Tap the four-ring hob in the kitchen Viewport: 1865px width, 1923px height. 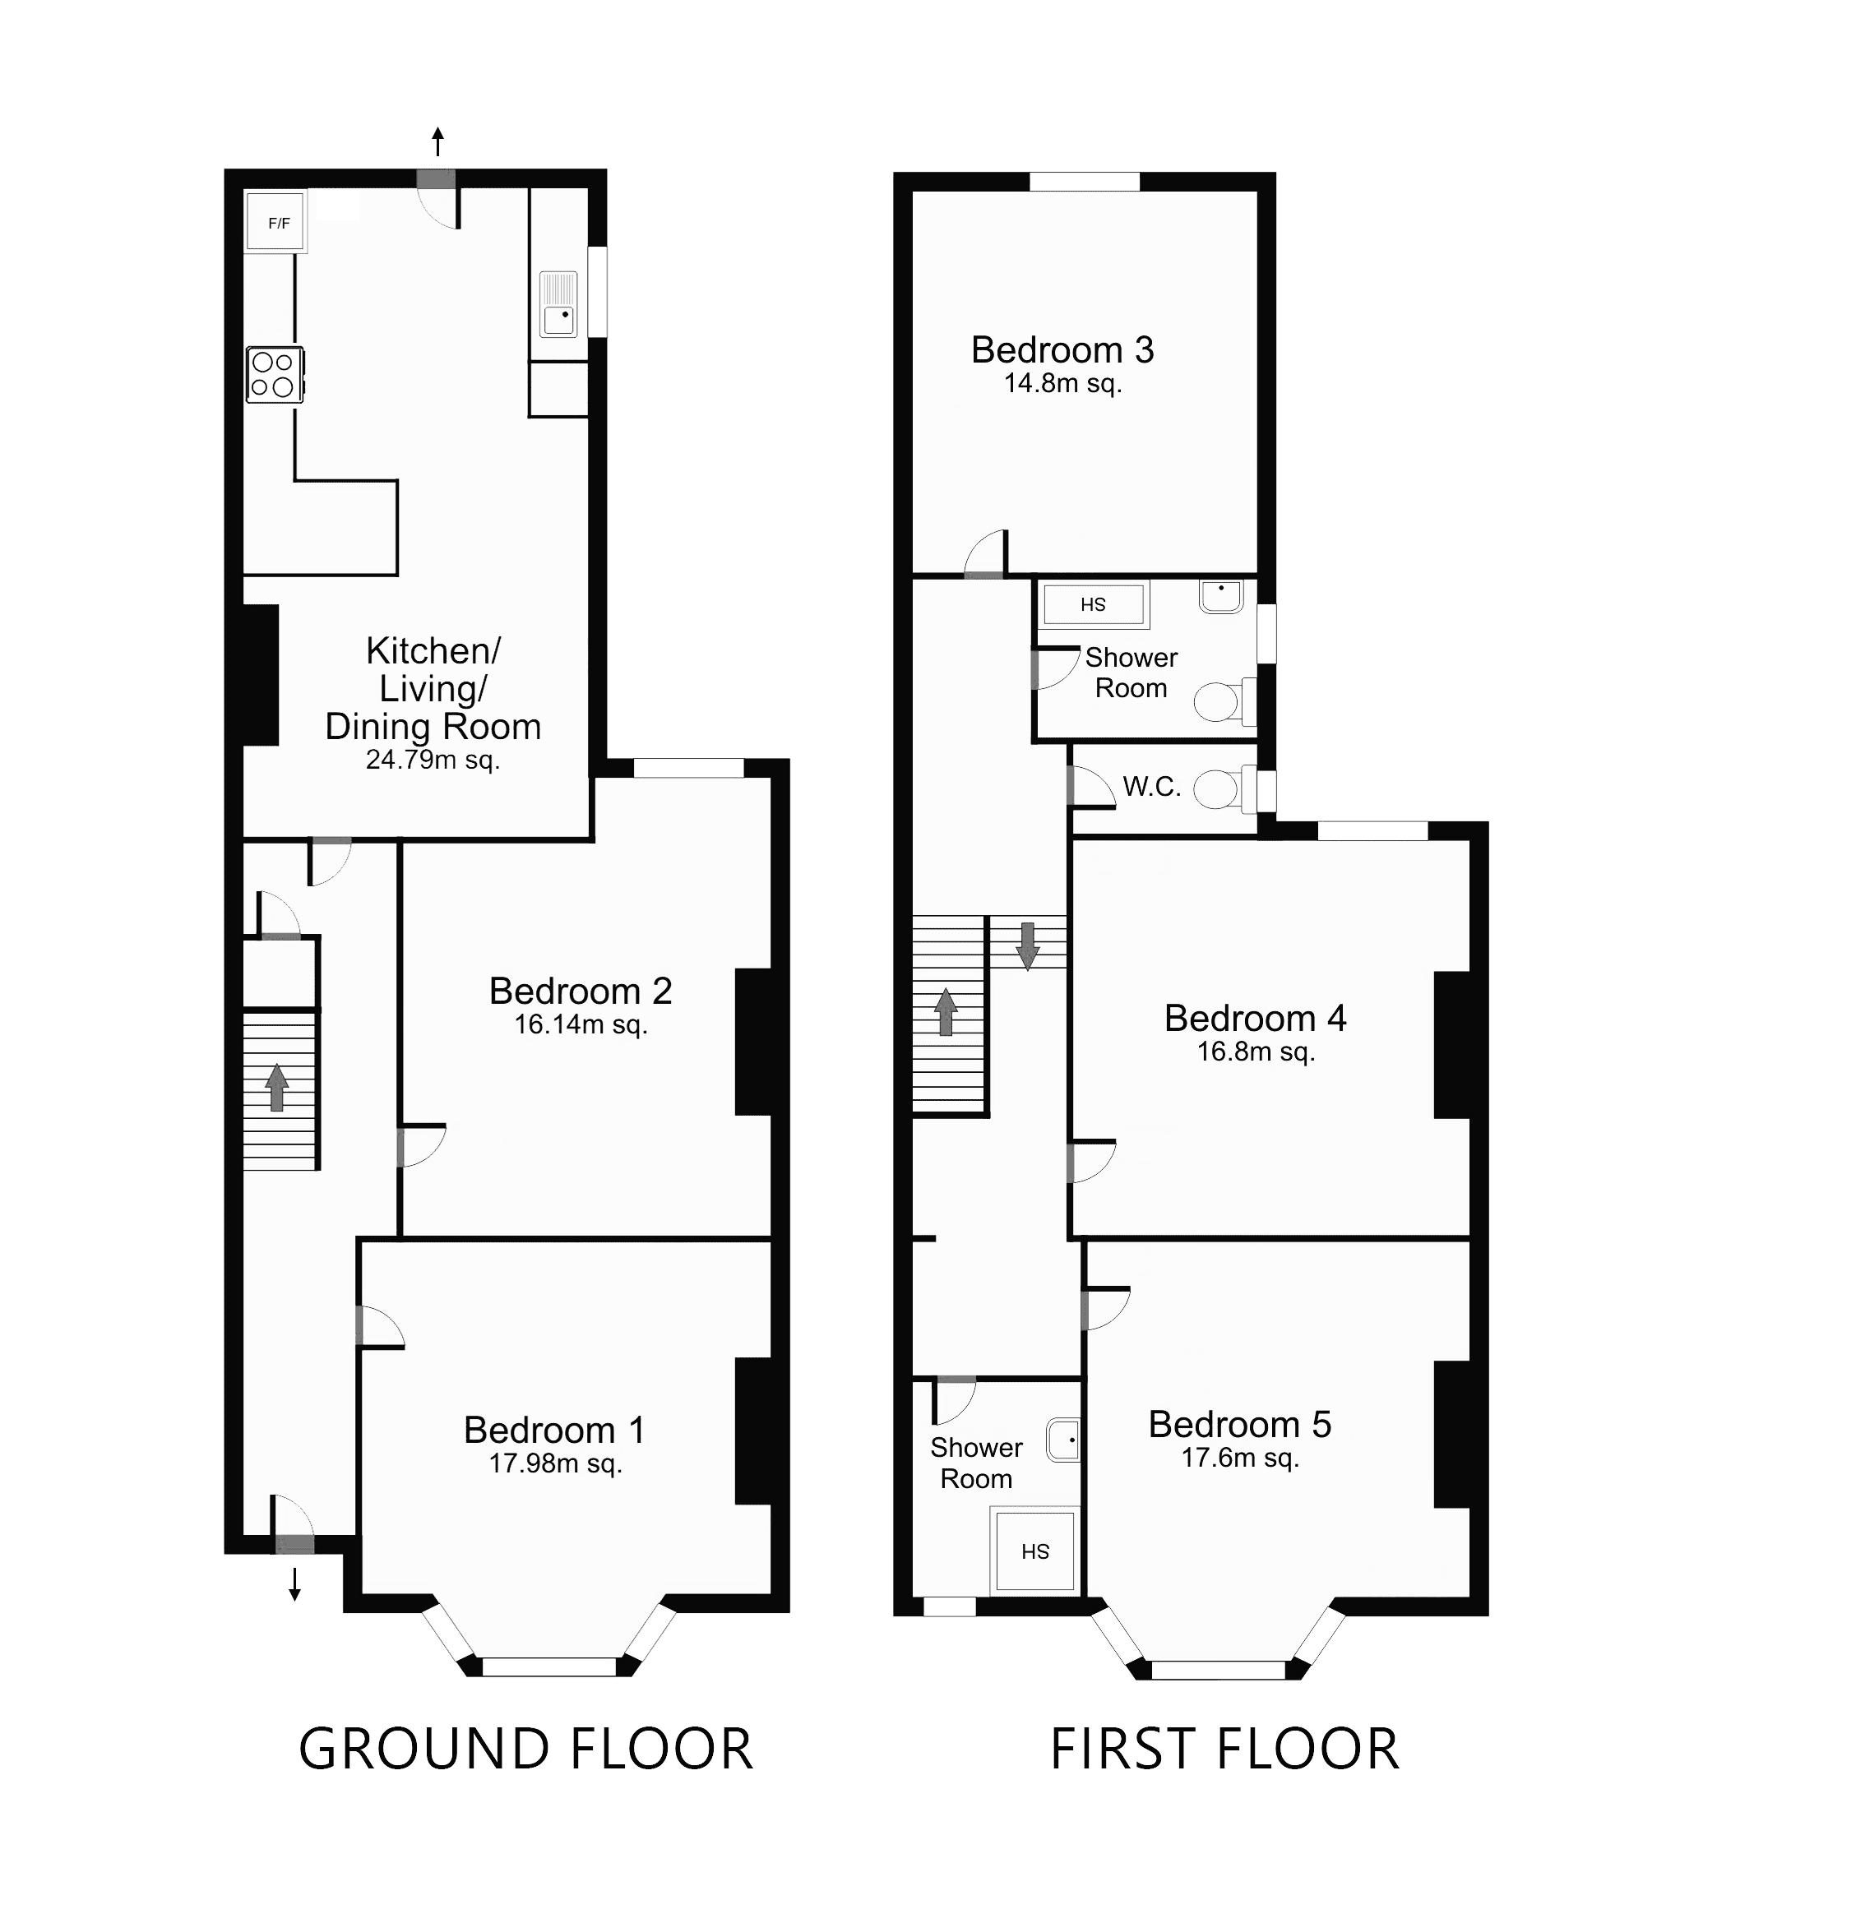point(274,375)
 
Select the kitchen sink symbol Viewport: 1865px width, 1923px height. point(560,304)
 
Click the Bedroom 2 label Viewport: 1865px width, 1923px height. point(580,991)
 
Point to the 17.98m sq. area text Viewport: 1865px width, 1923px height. point(555,1464)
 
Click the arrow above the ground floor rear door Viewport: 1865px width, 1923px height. point(437,141)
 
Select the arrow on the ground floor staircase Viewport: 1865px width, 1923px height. point(278,1087)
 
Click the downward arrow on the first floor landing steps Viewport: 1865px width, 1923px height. point(1027,945)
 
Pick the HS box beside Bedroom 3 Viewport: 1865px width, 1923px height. point(1093,604)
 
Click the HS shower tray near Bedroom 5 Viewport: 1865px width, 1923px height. point(1035,1551)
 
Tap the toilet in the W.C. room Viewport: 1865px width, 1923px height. point(1220,788)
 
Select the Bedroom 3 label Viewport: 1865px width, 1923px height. point(1062,350)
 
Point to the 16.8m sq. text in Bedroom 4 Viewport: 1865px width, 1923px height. point(1255,1052)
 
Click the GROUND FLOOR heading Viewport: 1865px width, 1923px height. point(525,1750)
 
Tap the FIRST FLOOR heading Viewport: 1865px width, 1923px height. point(1224,1750)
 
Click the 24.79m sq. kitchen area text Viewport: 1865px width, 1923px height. point(433,760)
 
